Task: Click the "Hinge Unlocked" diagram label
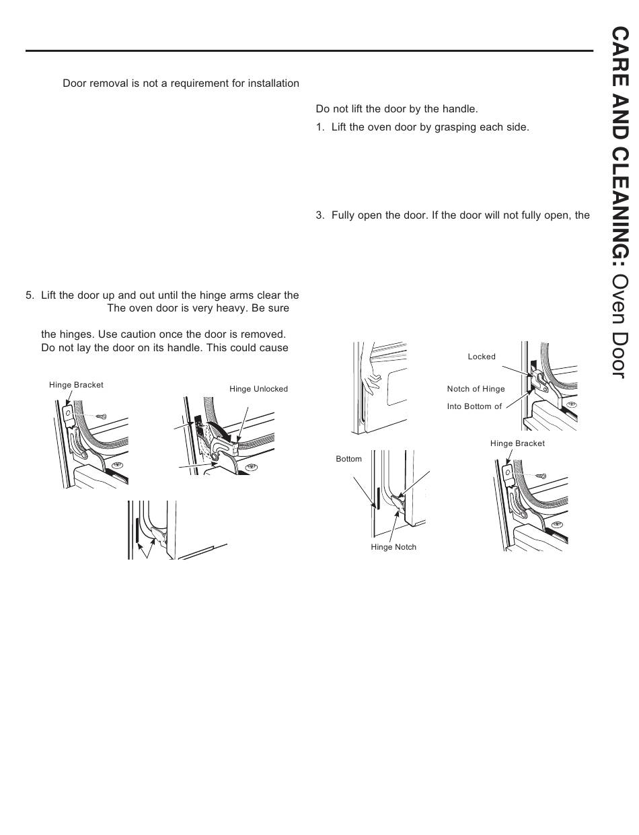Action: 258,389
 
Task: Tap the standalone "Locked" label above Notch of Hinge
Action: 482,357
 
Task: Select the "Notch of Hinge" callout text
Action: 476,389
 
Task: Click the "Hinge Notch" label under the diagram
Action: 393,547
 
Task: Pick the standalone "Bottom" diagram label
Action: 348,459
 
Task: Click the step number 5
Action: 28,295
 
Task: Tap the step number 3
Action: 319,215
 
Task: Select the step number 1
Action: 319,126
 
